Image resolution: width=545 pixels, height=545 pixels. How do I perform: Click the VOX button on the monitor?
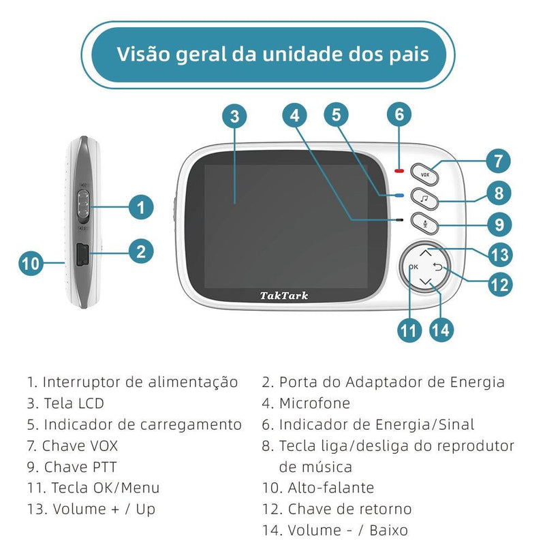coord(425,174)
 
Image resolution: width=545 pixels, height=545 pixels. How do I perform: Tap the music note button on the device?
coord(425,199)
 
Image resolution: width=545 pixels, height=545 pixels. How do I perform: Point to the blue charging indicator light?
coord(400,196)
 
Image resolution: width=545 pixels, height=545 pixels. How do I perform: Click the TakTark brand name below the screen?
coord(284,296)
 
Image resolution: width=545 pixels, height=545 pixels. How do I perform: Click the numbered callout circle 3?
coord(234,116)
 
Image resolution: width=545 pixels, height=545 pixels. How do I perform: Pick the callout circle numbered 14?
coord(441,330)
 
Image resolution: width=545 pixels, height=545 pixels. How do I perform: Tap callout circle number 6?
coord(400,114)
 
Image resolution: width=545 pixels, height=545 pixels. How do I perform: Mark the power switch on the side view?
coord(83,206)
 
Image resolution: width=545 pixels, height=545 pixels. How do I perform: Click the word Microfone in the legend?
coord(314,403)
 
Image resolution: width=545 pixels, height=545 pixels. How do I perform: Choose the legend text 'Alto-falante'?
coord(331,488)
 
